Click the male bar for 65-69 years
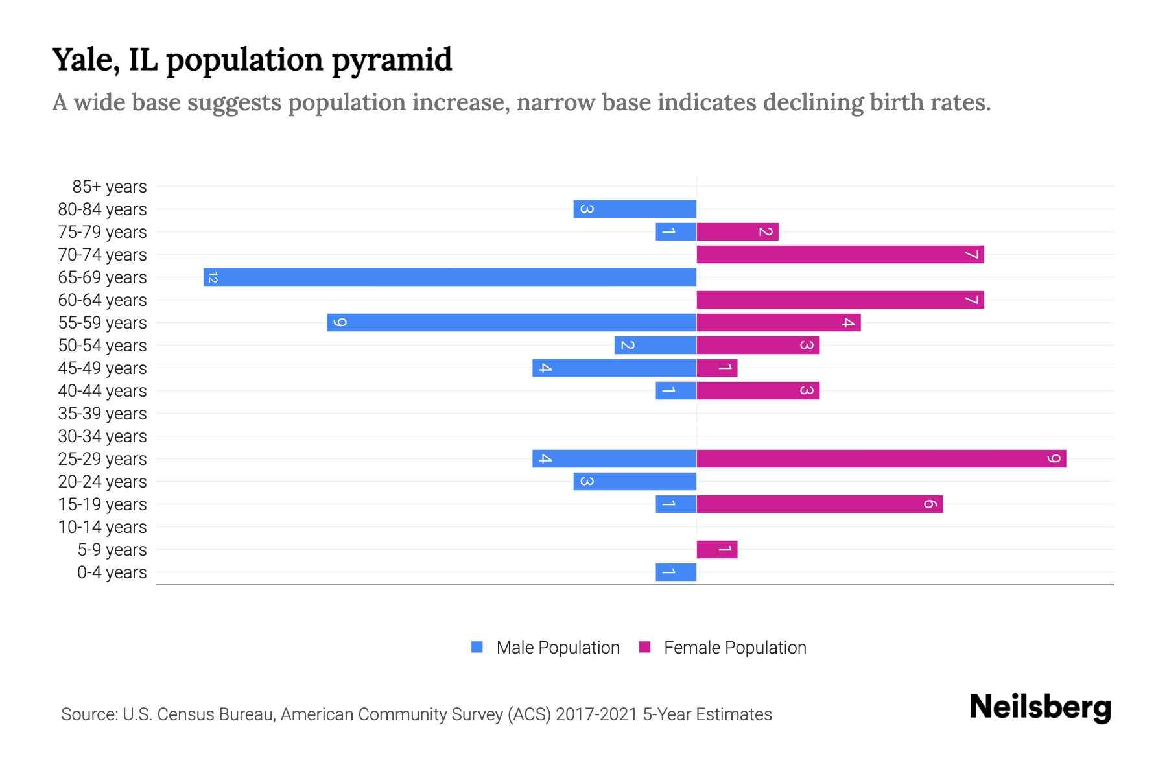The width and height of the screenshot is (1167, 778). (x=450, y=277)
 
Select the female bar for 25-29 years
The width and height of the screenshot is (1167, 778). (x=881, y=458)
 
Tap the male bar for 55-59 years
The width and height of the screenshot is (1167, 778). (x=512, y=322)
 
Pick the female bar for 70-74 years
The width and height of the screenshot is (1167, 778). (x=840, y=254)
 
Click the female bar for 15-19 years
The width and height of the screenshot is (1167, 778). (x=819, y=504)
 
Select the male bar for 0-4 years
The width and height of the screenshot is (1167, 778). (x=676, y=572)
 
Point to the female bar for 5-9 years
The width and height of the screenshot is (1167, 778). (x=717, y=549)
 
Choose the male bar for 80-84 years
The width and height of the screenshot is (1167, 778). (x=635, y=209)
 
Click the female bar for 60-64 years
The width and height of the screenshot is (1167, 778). (x=840, y=300)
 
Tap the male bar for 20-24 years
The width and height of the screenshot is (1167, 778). (x=635, y=481)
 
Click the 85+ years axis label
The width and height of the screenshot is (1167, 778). (x=109, y=187)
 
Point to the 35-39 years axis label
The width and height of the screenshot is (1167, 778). (x=102, y=414)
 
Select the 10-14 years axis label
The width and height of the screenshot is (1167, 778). (x=102, y=527)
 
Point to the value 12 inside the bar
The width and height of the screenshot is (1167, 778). (x=213, y=277)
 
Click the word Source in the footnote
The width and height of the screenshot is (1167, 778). (x=89, y=714)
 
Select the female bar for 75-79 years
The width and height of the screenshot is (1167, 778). (x=737, y=231)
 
